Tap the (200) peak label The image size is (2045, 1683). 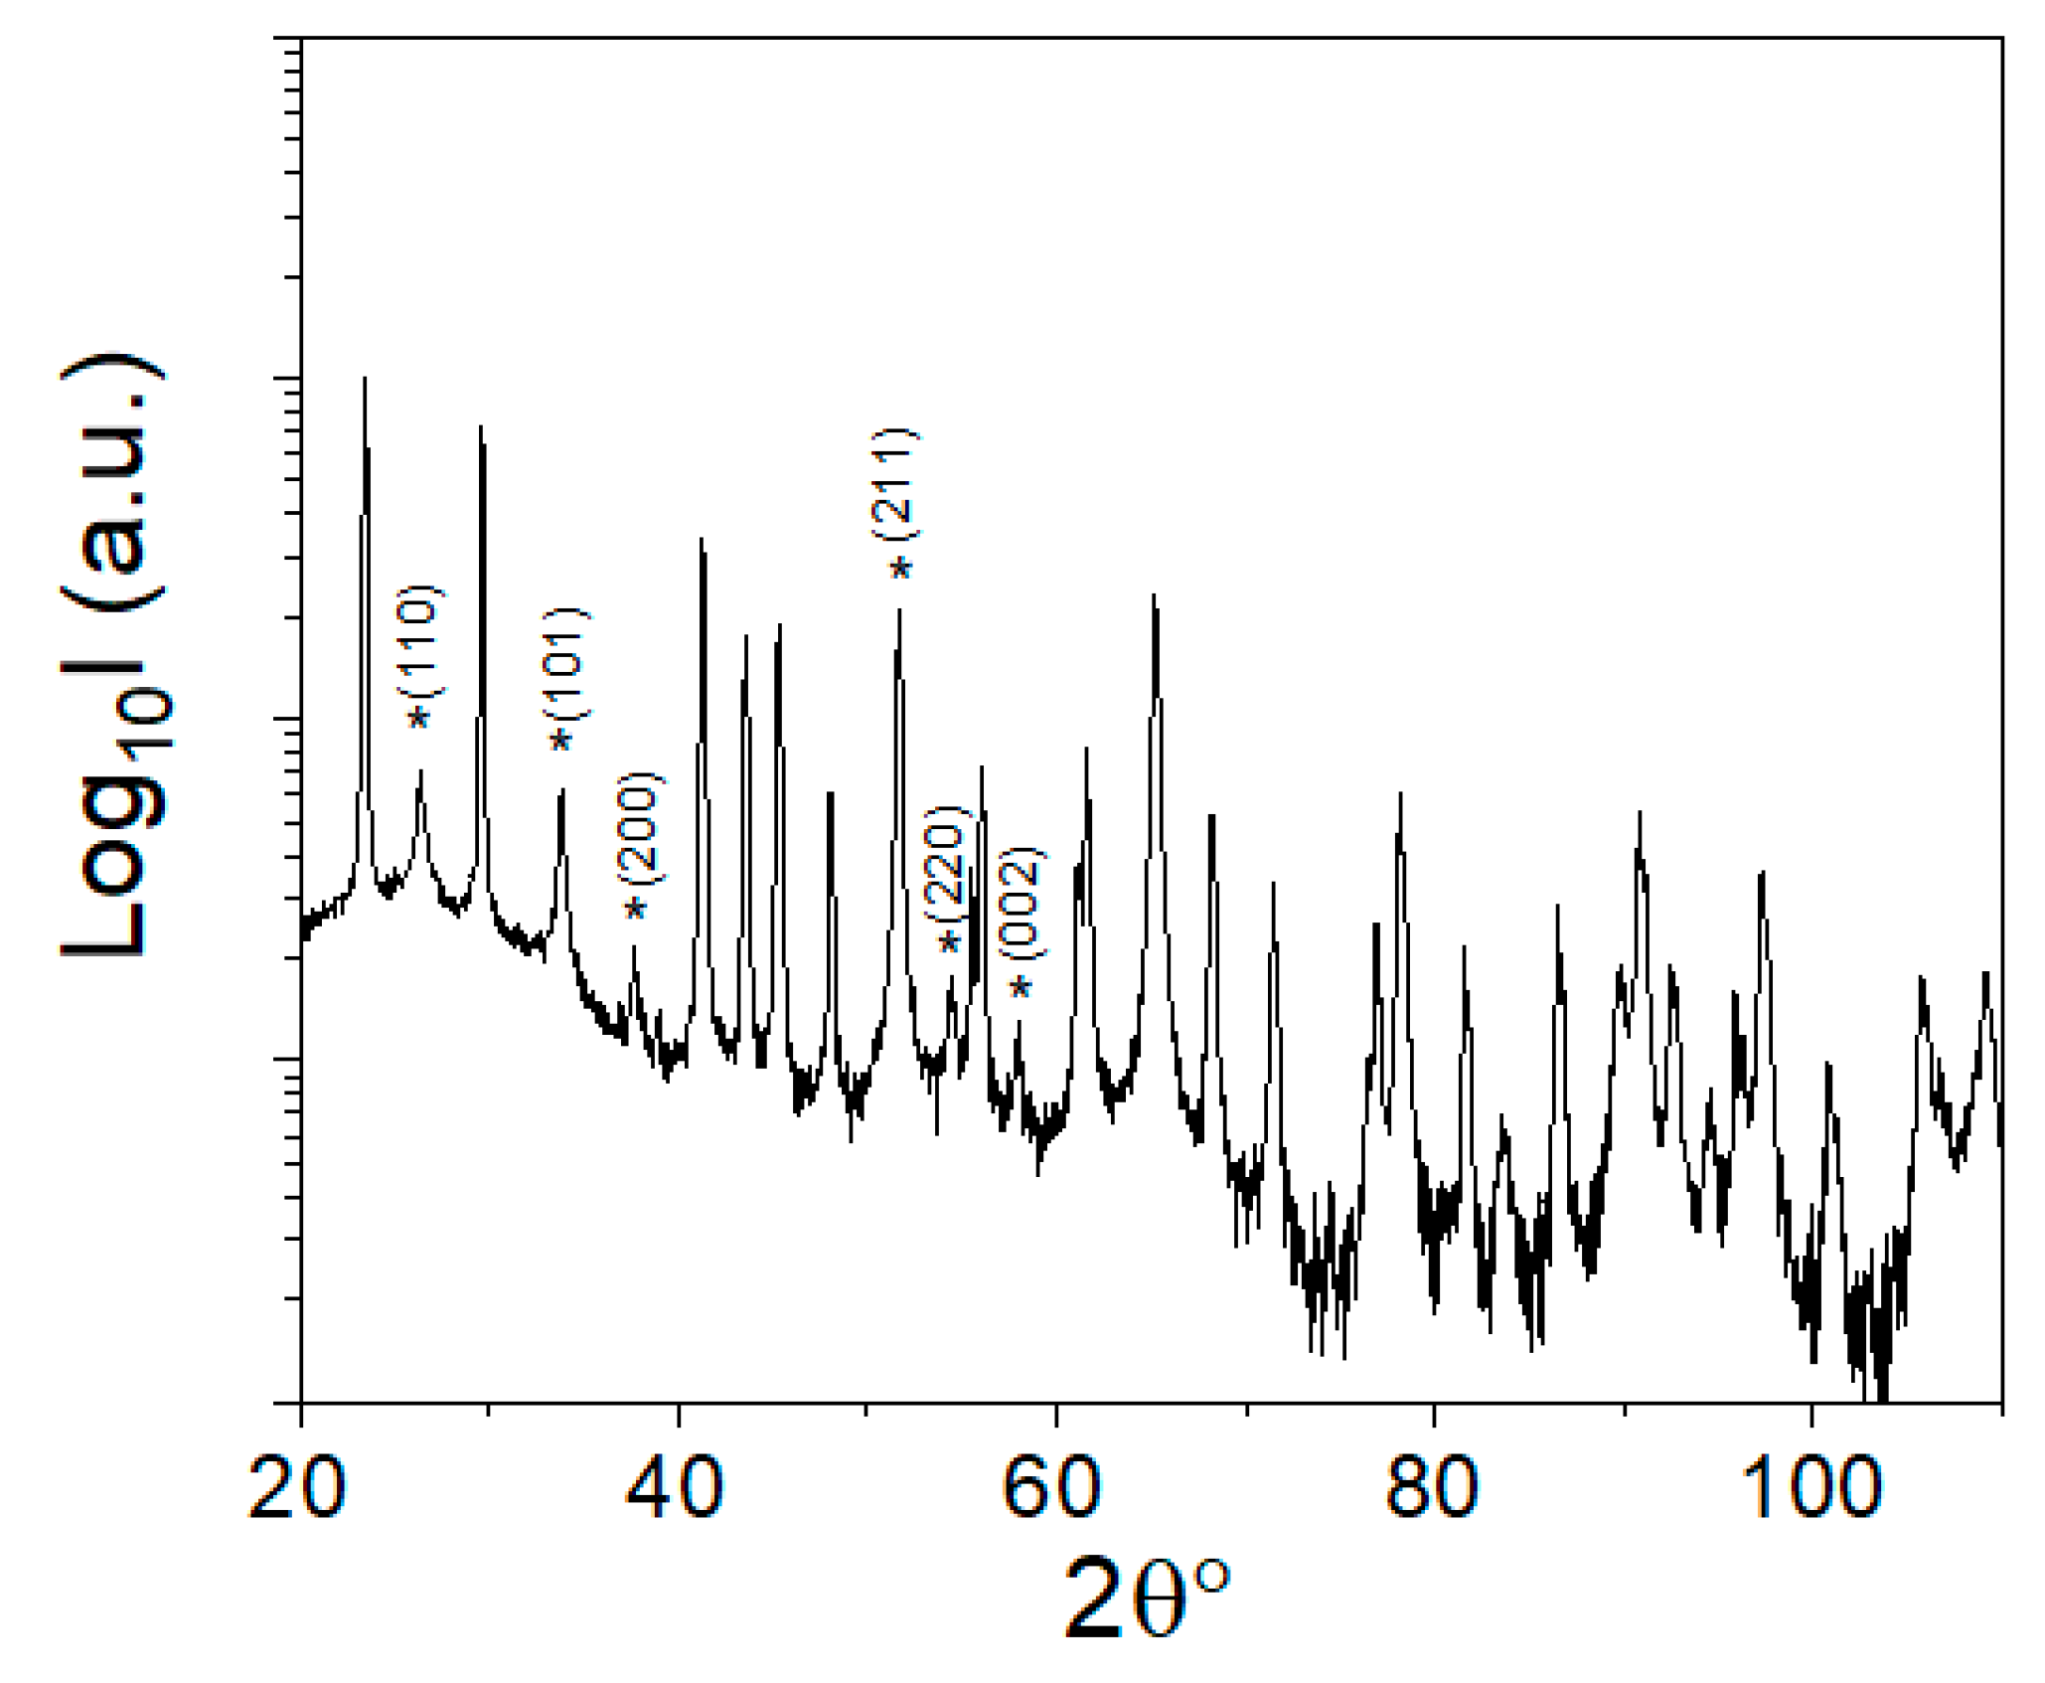pos(639,828)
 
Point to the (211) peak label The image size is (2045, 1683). pos(895,484)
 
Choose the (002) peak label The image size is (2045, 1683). pos(1022,904)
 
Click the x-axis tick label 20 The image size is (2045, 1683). pos(296,1488)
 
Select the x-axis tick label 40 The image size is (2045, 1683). pos(676,1488)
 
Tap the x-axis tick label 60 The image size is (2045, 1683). pos(1052,1488)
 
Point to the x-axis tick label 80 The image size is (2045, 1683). pos(1431,1488)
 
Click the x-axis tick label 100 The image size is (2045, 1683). pos(1811,1488)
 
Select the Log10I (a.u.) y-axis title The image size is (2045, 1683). pos(114,655)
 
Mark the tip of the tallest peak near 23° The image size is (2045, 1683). pos(365,379)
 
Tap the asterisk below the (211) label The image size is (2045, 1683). pos(900,570)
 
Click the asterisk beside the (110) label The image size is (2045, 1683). pos(419,718)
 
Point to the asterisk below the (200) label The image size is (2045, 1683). pos(635,910)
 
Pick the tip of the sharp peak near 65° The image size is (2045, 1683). pos(1154,595)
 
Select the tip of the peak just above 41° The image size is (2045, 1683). pos(702,540)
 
